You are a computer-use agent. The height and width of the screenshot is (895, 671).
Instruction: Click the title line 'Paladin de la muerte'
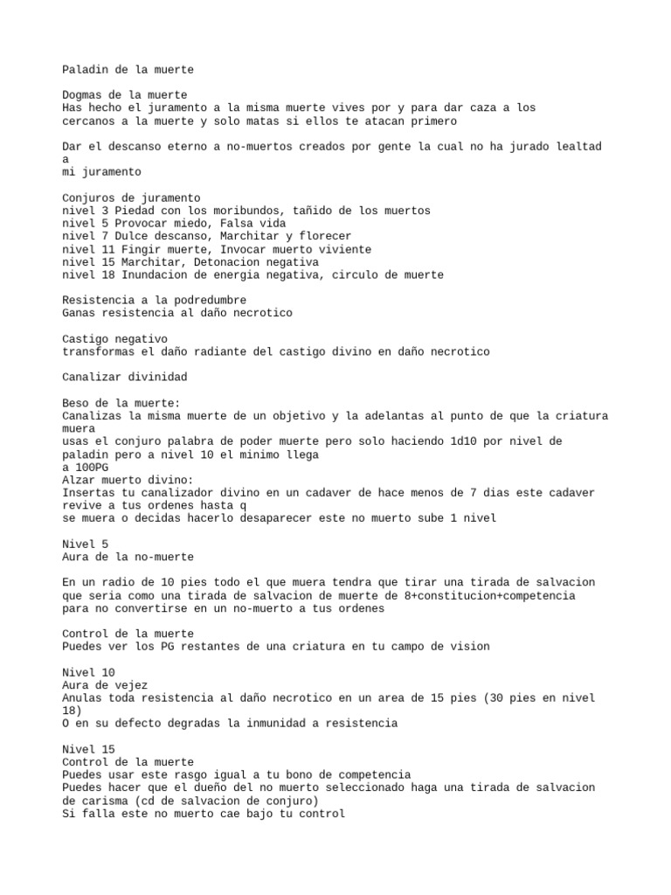(128, 69)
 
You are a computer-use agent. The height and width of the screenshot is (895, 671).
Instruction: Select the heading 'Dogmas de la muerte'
(125, 94)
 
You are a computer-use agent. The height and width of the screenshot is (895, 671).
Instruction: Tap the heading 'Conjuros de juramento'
(131, 198)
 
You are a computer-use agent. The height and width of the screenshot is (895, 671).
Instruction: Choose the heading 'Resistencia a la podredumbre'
(154, 300)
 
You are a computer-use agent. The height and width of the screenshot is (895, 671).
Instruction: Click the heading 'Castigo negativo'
(115, 338)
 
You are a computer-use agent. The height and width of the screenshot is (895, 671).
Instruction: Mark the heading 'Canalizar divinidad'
(125, 377)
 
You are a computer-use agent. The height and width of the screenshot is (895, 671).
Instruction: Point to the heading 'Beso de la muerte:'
(121, 402)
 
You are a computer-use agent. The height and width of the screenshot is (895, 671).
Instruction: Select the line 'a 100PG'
(86, 467)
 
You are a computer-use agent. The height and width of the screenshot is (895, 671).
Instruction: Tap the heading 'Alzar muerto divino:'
(128, 480)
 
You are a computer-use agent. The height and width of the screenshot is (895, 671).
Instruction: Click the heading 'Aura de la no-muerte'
(128, 557)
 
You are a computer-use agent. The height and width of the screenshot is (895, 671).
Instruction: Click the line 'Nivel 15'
(88, 749)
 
